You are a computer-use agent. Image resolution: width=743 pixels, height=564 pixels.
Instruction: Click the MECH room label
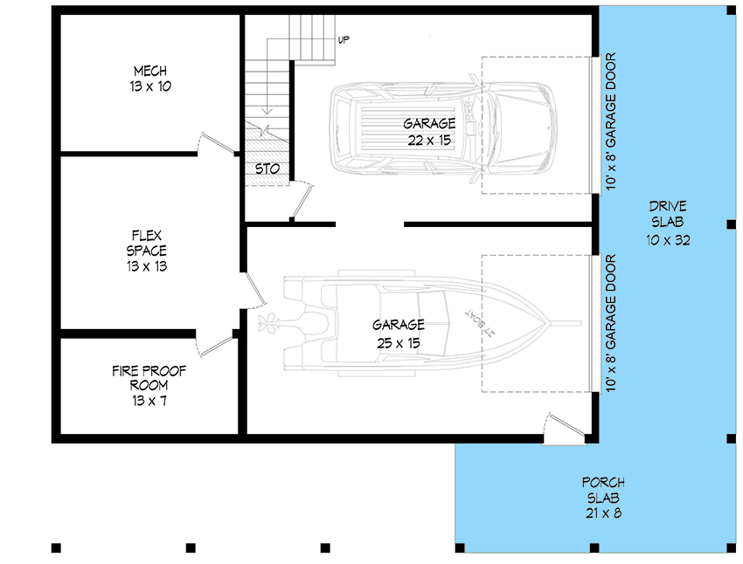click(150, 71)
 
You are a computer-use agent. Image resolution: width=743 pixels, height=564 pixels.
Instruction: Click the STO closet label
click(267, 169)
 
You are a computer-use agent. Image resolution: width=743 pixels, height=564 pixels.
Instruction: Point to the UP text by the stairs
click(344, 40)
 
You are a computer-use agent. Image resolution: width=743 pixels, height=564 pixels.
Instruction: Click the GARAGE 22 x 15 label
click(429, 124)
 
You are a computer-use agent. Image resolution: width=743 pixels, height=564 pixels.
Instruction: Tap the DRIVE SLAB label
click(668, 207)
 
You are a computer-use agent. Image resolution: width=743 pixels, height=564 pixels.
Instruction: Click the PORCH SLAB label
click(603, 483)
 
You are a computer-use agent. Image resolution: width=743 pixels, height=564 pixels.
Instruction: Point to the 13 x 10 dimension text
click(150, 86)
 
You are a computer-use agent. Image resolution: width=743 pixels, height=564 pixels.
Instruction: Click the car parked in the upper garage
click(444, 124)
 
